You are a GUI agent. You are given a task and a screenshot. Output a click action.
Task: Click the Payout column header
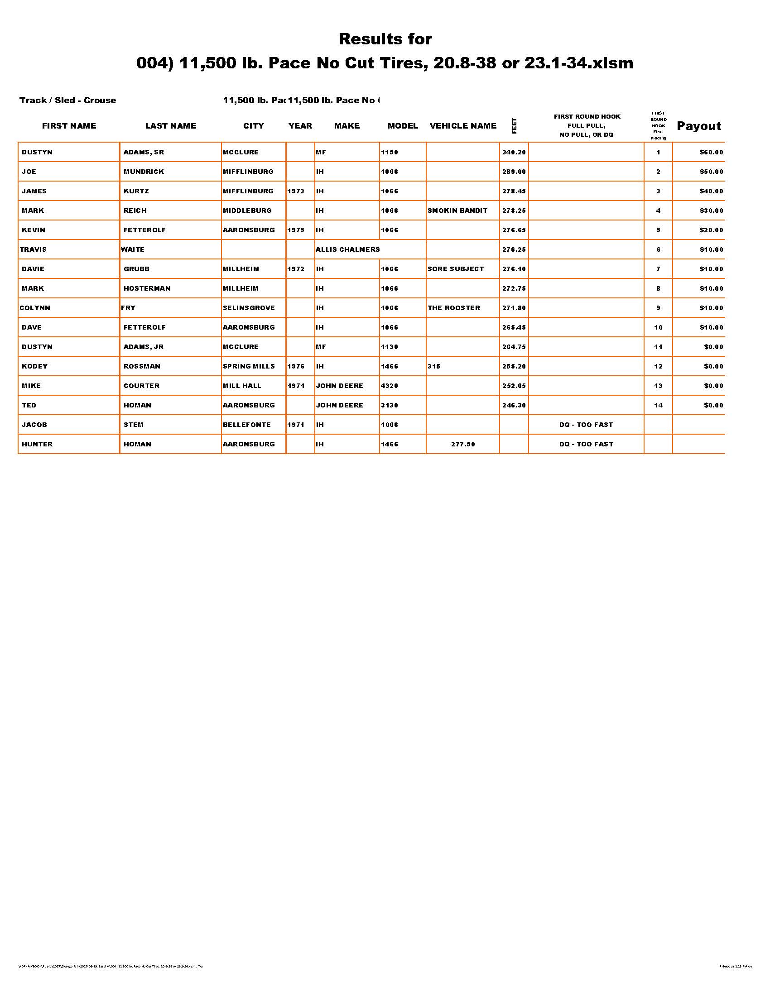tap(698, 126)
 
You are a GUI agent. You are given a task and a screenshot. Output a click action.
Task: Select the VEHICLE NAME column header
tap(462, 126)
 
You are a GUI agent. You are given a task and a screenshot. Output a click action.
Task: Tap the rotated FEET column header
tap(514, 126)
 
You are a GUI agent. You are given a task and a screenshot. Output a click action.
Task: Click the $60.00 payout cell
tap(711, 152)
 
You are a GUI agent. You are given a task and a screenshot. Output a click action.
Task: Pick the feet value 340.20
tap(514, 152)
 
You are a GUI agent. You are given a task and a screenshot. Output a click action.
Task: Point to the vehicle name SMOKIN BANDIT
tap(457, 211)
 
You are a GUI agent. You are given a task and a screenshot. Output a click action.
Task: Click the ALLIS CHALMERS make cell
tap(347, 249)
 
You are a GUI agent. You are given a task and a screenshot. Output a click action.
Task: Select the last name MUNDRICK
tap(144, 172)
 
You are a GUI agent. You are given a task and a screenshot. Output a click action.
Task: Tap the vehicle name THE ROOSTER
tap(453, 308)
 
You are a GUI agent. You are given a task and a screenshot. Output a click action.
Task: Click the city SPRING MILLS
tap(249, 366)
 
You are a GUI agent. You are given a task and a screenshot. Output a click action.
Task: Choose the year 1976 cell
tap(296, 366)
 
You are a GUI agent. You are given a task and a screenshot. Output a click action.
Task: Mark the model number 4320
tap(389, 386)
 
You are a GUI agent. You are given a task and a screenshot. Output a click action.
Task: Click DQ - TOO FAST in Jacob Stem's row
tap(586, 425)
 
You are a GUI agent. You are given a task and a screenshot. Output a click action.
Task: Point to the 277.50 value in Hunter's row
tap(462, 444)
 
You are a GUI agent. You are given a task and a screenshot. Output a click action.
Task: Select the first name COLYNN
tap(35, 308)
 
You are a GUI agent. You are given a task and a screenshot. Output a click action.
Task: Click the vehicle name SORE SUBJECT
tap(455, 269)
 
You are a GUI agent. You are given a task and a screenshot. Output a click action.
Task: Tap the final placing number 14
tap(658, 406)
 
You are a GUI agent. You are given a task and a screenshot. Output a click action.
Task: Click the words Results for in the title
tap(385, 39)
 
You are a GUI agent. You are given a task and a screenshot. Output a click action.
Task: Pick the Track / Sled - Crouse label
tap(67, 101)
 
